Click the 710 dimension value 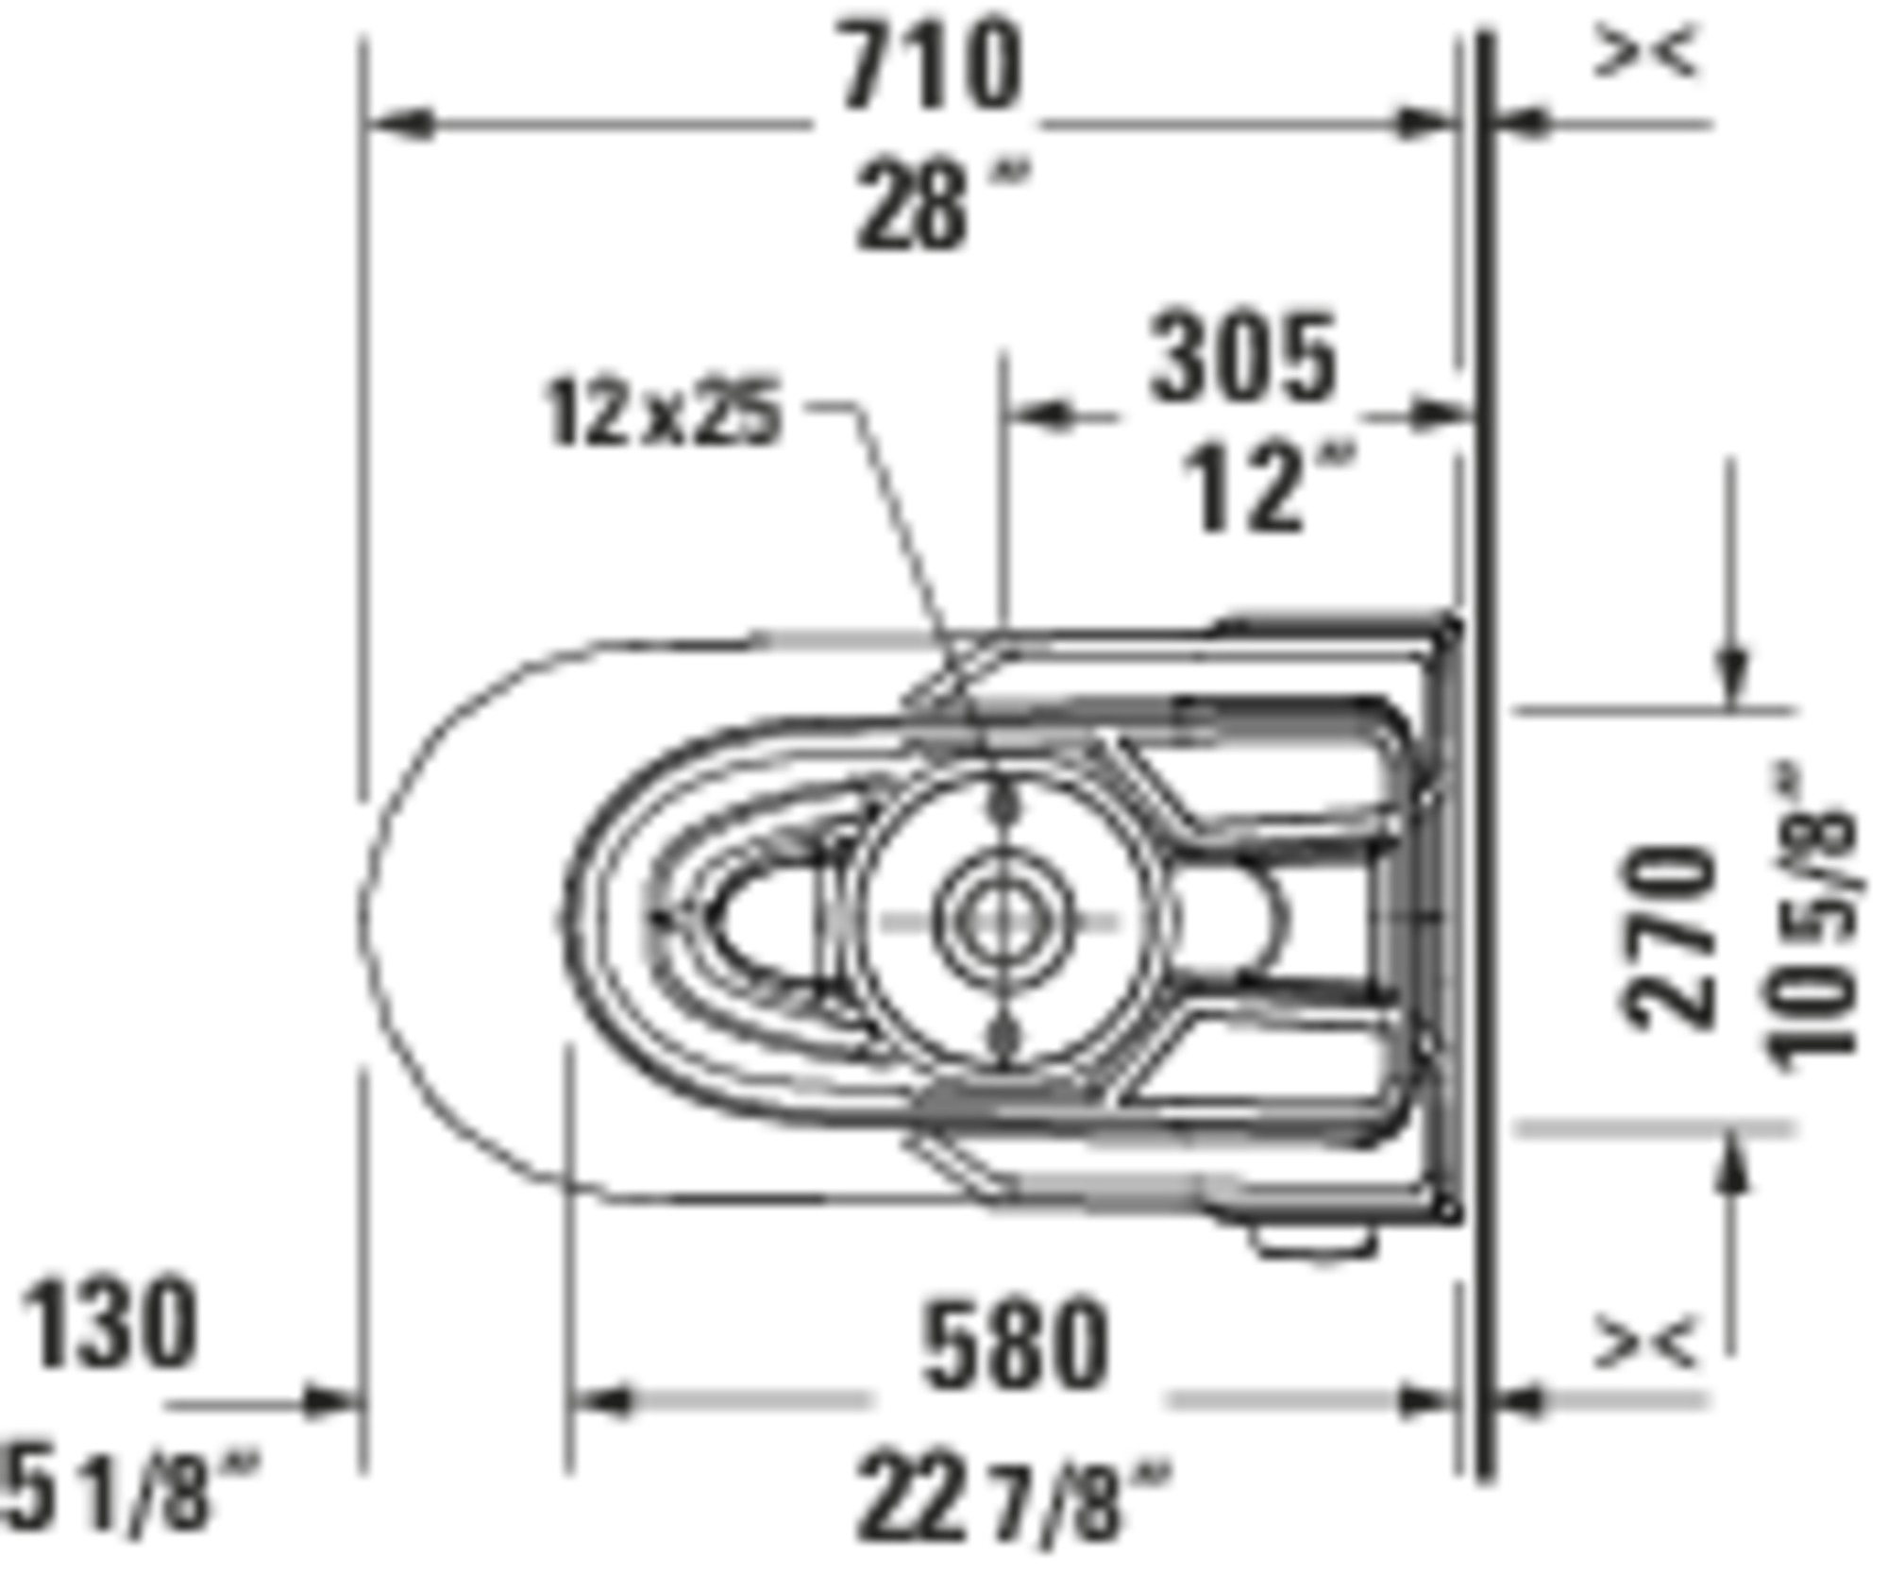tap(930, 66)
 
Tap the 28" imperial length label tap(940, 204)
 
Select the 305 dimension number tap(1242, 358)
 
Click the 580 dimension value tap(1015, 1345)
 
